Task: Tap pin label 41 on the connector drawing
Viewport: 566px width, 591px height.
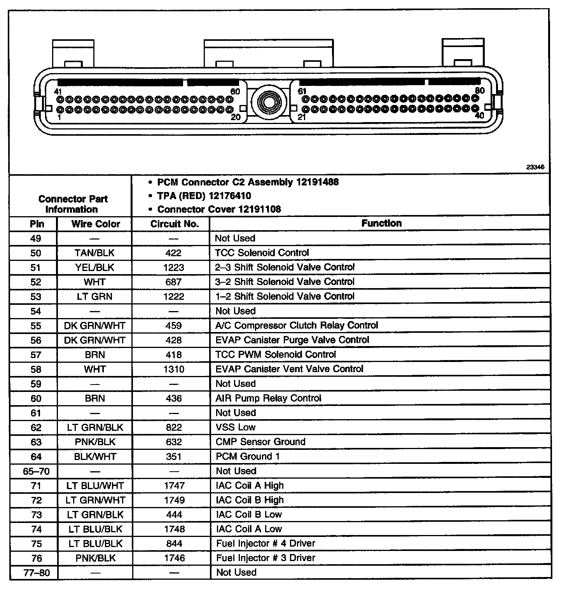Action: click(58, 91)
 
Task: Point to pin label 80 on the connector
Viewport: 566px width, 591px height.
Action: click(480, 91)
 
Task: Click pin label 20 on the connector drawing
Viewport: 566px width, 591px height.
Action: click(236, 117)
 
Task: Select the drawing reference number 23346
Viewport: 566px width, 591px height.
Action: click(535, 167)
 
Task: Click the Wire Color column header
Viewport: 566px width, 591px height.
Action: click(96, 224)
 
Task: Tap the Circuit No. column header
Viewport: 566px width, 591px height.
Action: click(175, 224)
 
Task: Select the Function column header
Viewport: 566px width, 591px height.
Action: click(381, 223)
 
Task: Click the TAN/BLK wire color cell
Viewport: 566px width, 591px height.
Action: click(94, 253)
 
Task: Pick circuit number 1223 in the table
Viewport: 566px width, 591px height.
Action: click(174, 268)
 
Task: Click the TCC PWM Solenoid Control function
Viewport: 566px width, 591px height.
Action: click(276, 355)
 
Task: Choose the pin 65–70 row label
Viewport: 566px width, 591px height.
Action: click(36, 471)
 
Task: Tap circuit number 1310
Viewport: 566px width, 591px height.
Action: click(174, 369)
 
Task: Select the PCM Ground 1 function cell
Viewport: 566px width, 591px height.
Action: click(248, 456)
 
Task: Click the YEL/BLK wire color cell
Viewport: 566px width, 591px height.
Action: click(94, 268)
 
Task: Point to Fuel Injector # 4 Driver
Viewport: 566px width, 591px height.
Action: click(266, 544)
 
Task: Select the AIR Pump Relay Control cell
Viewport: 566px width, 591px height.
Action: click(268, 398)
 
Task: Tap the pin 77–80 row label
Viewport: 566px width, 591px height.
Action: click(37, 573)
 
